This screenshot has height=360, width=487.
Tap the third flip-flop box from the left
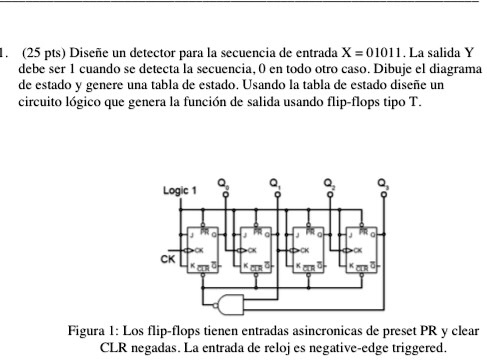pos(311,243)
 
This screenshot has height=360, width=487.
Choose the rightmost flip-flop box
pos(363,243)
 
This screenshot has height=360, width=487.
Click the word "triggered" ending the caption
pos(420,347)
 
